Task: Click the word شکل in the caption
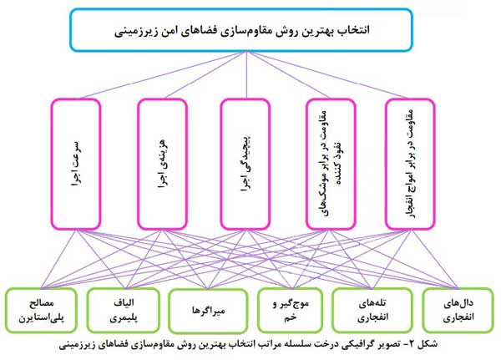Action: tap(430, 344)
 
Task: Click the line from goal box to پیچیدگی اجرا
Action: tap(246, 75)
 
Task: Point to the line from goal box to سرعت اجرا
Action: tap(163, 75)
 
